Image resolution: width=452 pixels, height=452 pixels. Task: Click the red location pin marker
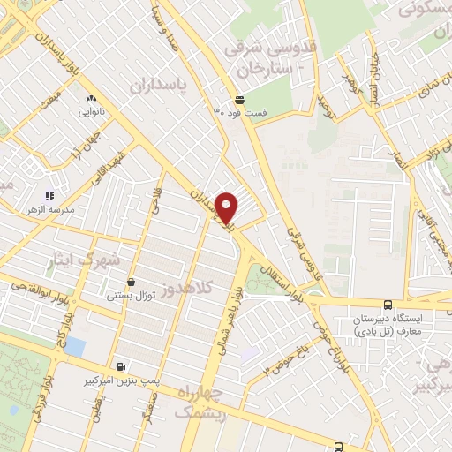228,207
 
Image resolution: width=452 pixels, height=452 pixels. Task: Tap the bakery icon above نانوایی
91,99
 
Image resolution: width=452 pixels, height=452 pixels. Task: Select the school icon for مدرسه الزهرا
50,195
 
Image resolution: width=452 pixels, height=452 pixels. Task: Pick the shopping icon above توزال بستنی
132,282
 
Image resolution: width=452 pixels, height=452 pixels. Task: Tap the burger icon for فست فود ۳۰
239,99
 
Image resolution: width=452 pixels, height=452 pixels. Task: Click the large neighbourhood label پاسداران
161,85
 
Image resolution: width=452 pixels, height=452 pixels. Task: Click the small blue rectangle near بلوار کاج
75,345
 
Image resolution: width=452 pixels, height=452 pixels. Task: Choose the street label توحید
329,108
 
